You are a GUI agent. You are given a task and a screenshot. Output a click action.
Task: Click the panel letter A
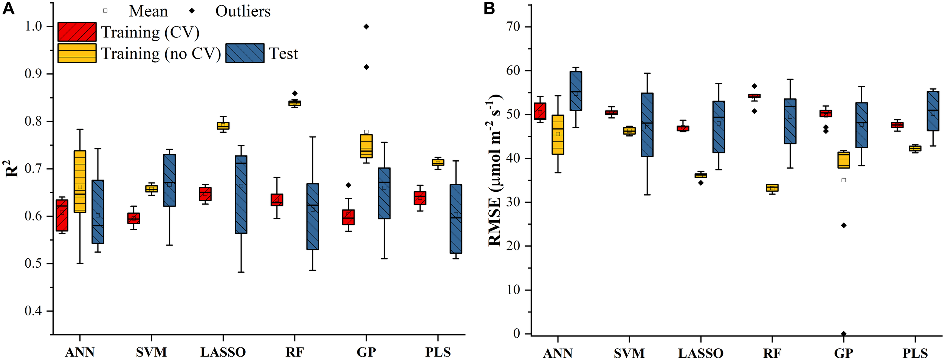pyautogui.click(x=8, y=8)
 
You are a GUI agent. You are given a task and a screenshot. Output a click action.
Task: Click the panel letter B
pyautogui.click(x=489, y=8)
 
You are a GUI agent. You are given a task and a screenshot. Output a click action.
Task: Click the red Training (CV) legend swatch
pyautogui.click(x=77, y=32)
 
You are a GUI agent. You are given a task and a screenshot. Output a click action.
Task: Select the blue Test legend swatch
pyautogui.click(x=245, y=53)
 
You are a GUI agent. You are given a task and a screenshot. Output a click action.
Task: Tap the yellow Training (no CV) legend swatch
pyautogui.click(x=77, y=53)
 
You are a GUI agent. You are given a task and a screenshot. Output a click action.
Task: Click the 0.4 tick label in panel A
pyautogui.click(x=33, y=311)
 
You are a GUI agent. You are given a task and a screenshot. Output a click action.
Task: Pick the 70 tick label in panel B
pyautogui.click(x=513, y=27)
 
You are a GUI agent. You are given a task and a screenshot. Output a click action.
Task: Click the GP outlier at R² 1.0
pyautogui.click(x=366, y=26)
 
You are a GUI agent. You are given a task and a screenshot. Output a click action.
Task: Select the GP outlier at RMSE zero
pyautogui.click(x=843, y=334)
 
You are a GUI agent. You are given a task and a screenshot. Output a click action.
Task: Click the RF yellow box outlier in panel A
pyautogui.click(x=294, y=93)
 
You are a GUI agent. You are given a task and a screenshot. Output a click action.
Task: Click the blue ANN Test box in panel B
pyautogui.click(x=576, y=91)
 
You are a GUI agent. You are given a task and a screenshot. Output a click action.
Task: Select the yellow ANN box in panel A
pyautogui.click(x=80, y=182)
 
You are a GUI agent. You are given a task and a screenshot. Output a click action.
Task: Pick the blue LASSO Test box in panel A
pyautogui.click(x=241, y=194)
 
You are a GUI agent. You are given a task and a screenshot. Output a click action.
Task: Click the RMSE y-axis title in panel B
pyautogui.click(x=495, y=170)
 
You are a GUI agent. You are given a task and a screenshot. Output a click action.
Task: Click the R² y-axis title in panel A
pyautogui.click(x=12, y=169)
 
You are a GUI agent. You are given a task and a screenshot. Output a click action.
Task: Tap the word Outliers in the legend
pyautogui.click(x=243, y=11)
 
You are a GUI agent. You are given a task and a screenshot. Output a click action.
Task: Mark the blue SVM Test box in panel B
pyautogui.click(x=647, y=125)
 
